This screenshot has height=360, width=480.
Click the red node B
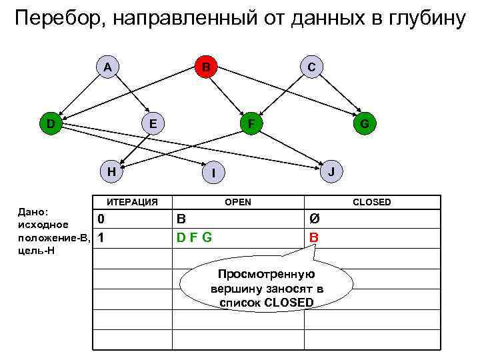point(207,67)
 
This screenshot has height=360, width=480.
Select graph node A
point(107,67)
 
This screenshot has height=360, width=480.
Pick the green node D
point(50,123)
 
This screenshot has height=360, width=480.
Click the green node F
point(251,124)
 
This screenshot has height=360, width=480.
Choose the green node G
point(365,124)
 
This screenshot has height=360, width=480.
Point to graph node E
point(153,123)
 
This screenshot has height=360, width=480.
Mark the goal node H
point(112,171)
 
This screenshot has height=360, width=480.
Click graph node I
point(213,173)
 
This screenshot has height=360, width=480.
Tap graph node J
point(332,171)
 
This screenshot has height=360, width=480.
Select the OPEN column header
point(239,202)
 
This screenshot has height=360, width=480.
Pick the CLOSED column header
point(372,202)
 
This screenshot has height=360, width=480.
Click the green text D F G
point(194,237)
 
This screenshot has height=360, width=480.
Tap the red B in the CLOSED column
point(314,237)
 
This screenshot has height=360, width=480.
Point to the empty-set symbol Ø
point(314,219)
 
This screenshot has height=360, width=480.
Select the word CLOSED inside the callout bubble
point(287,302)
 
